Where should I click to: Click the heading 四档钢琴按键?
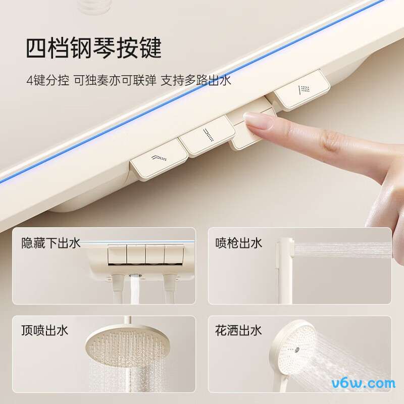point(94,48)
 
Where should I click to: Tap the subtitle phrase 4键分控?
point(48,81)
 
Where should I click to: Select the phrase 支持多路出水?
point(196,81)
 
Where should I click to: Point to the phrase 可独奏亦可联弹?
point(115,81)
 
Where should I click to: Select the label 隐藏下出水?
point(51,243)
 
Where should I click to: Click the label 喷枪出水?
point(238,243)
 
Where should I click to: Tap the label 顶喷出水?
point(44,331)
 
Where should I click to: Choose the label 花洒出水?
point(238,331)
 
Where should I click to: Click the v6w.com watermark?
point(363,383)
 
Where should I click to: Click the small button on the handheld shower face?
point(297,349)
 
